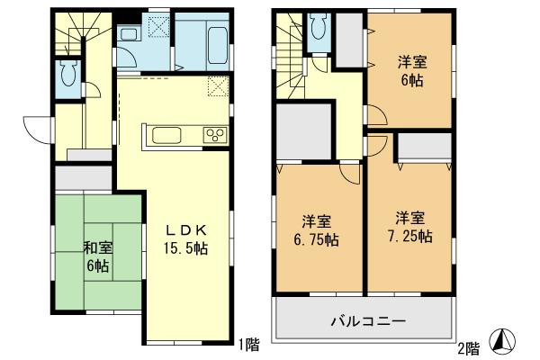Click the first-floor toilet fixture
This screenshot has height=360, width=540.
[x=67, y=76]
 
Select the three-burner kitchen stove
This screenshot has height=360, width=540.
[x=216, y=136]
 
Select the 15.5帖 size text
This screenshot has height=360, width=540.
[x=187, y=247]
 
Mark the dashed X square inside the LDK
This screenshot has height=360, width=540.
[x=217, y=87]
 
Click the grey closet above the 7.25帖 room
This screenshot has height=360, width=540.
[x=424, y=146]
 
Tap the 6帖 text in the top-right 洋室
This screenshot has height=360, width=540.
[x=413, y=79]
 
